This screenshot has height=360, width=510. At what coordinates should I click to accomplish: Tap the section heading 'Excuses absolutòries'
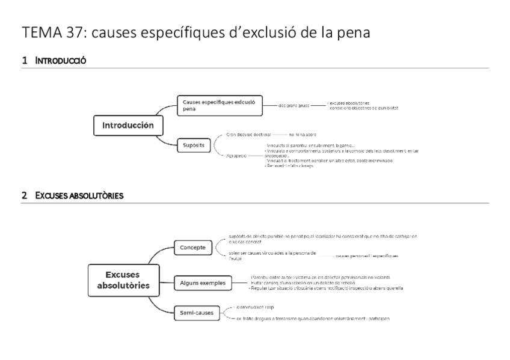(x=79, y=195)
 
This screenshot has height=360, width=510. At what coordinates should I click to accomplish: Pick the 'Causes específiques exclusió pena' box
(x=220, y=105)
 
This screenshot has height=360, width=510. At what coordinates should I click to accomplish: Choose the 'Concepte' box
(x=193, y=247)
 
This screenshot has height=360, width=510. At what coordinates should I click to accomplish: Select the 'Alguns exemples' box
(x=202, y=281)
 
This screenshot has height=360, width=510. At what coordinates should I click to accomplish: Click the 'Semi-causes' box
(x=196, y=312)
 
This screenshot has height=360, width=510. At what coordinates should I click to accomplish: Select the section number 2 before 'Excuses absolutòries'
(x=24, y=195)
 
